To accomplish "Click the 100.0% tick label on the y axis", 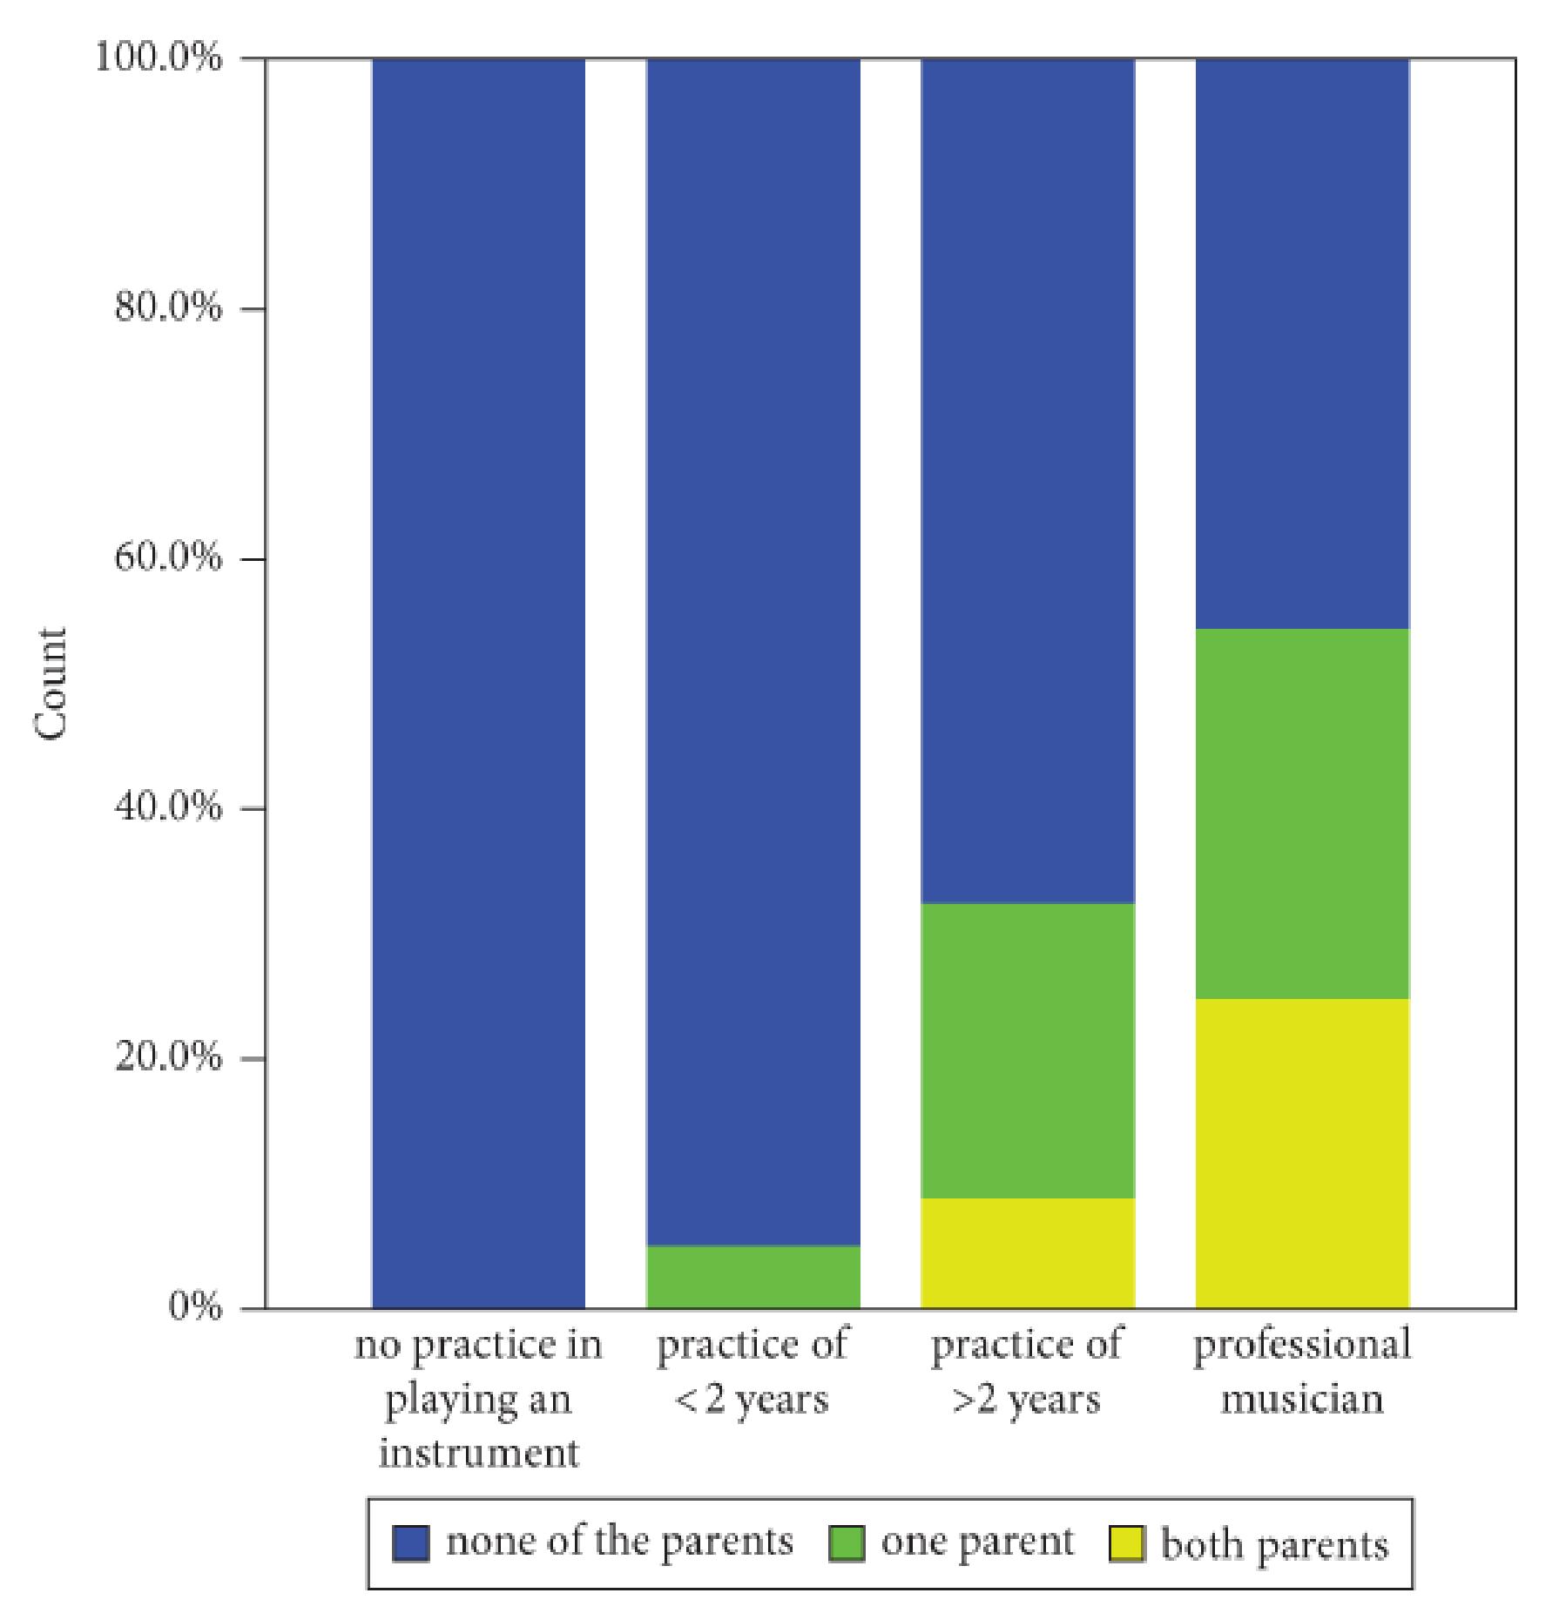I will coord(159,59).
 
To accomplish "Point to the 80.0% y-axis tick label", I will coord(167,309).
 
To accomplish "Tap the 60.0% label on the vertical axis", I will coord(167,559).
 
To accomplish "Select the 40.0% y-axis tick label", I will coord(167,808).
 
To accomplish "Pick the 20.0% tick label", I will coord(167,1058).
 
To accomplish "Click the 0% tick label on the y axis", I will coord(195,1307).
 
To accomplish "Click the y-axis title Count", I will coord(51,684).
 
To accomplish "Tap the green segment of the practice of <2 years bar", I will coord(753,1277).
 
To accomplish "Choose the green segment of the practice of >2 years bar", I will coord(1028,1050).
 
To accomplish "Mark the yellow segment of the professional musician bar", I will coord(1302,1153).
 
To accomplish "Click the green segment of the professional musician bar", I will coord(1302,813).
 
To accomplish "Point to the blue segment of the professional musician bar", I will coord(1302,343).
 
